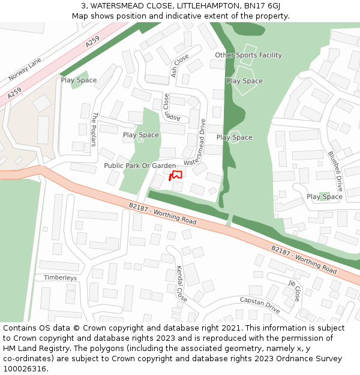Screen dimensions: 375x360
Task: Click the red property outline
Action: point(176,175)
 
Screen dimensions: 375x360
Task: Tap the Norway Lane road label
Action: point(25,70)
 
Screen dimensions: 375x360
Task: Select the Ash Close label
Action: point(179,65)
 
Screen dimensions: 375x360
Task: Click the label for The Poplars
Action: point(94,129)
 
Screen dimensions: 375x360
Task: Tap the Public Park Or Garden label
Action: point(140,166)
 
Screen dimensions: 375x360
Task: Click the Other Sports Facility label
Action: point(248,55)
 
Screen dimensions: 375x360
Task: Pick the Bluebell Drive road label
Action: point(335,170)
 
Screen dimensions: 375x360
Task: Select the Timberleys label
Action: point(60,278)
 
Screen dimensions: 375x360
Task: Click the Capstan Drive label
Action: point(260,305)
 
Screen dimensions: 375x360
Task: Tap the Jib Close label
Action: point(294,290)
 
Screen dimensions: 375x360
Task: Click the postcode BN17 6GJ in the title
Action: point(262,5)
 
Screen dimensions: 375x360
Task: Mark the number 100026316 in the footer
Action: point(25,369)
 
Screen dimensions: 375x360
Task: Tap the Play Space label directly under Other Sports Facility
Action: point(245,81)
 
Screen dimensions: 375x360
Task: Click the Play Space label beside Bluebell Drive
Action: point(325,197)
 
